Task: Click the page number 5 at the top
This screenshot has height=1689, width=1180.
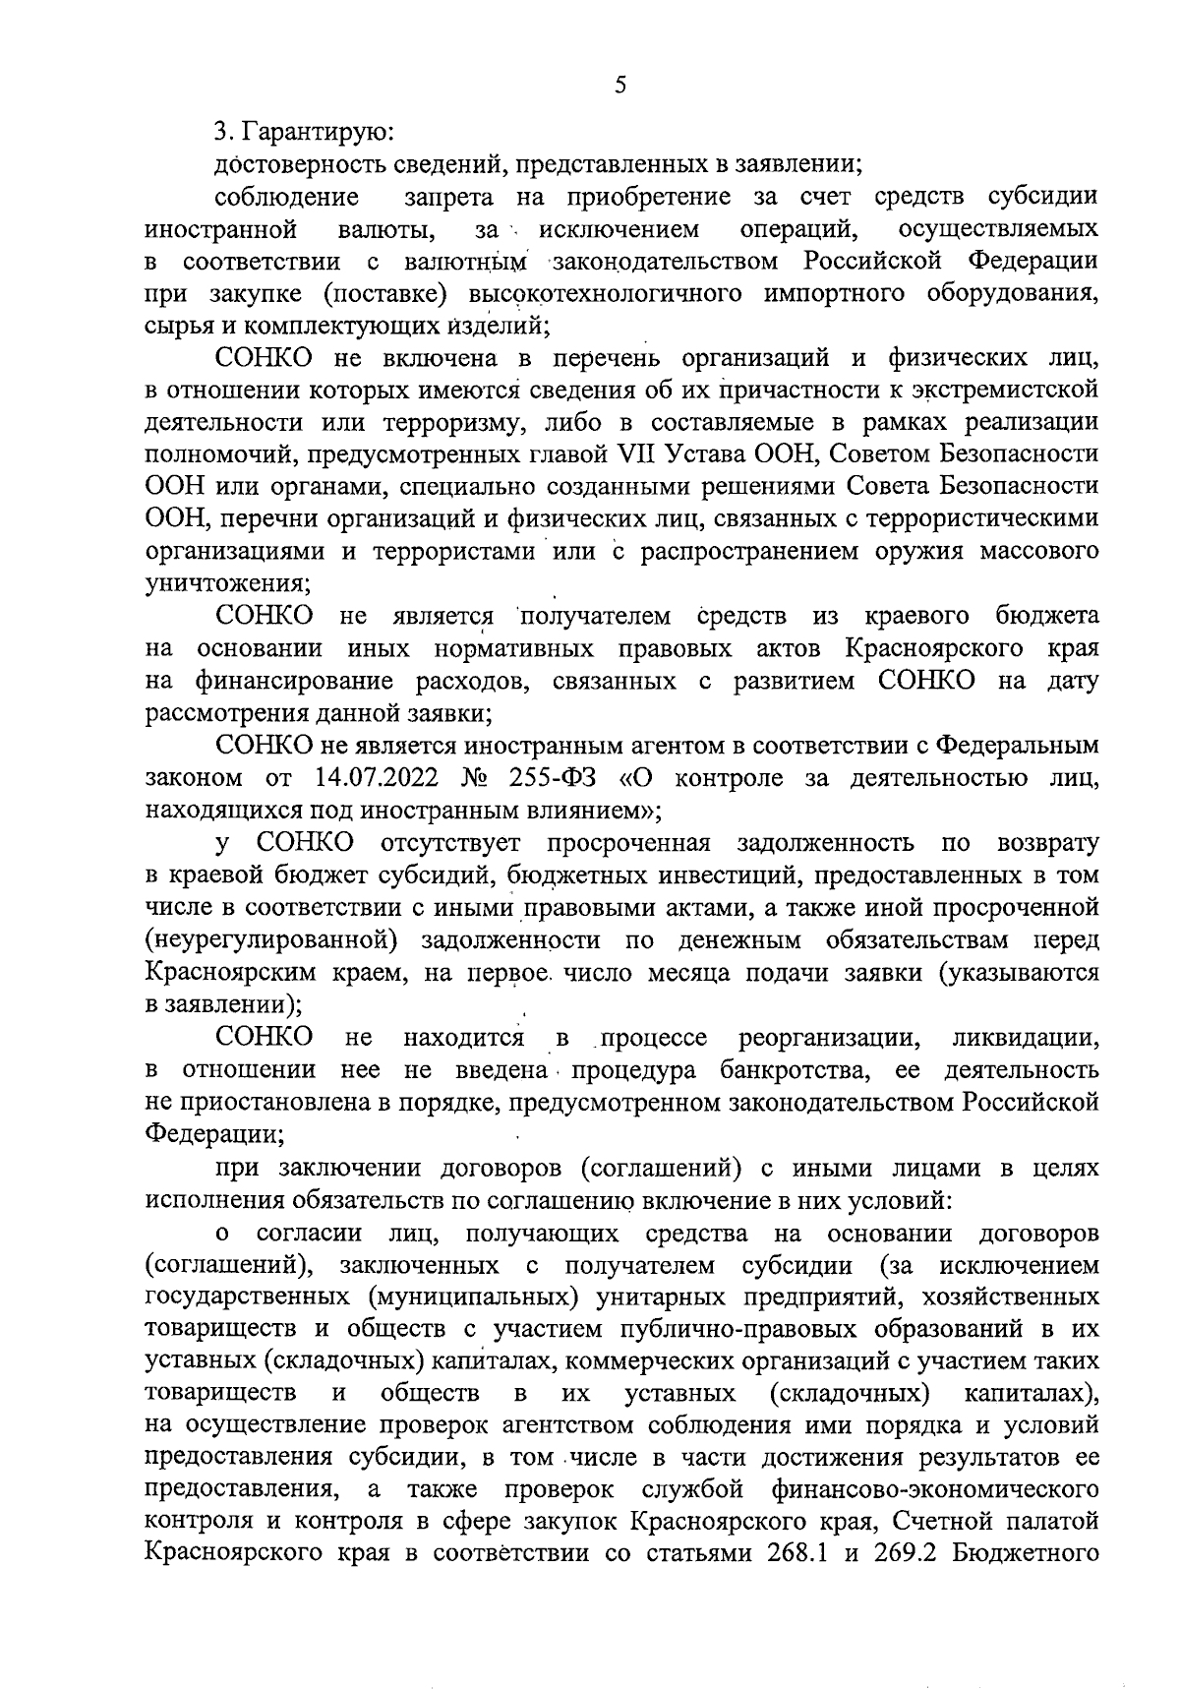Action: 619,86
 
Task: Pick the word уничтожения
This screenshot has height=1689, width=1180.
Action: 227,583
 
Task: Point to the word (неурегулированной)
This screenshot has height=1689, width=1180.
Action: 271,940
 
